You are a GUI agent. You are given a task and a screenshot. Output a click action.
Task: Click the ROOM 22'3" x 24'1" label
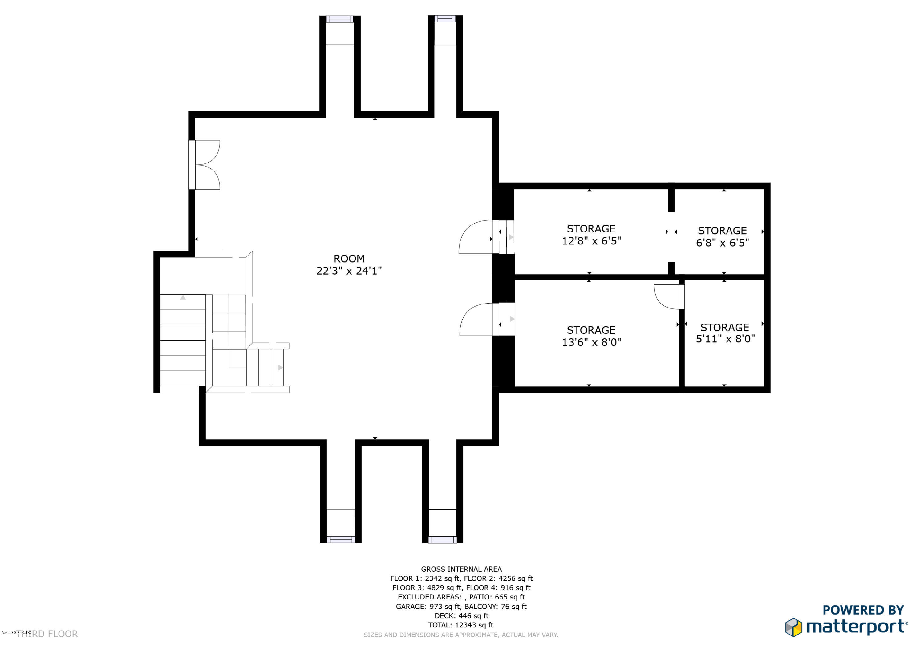tap(349, 265)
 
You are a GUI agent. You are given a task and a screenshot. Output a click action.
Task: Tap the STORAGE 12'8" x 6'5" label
tap(591, 235)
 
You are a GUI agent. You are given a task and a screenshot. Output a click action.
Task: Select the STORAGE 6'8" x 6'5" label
tap(722, 236)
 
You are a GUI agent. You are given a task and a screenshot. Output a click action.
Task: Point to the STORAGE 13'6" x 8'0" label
tap(591, 336)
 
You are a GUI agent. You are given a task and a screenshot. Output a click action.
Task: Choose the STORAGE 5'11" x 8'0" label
tap(725, 333)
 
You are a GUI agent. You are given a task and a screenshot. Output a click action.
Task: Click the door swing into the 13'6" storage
tap(477, 320)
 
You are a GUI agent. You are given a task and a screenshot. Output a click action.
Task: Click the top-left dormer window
tap(340, 19)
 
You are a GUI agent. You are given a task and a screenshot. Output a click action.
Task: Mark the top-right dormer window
tap(445, 18)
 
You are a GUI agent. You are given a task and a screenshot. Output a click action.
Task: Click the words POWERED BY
tap(863, 610)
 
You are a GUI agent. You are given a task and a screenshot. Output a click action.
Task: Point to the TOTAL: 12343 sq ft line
tap(461, 625)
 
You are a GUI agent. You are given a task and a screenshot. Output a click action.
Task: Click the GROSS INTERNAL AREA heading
tap(461, 569)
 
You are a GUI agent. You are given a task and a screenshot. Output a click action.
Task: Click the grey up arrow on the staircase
tap(183, 297)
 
